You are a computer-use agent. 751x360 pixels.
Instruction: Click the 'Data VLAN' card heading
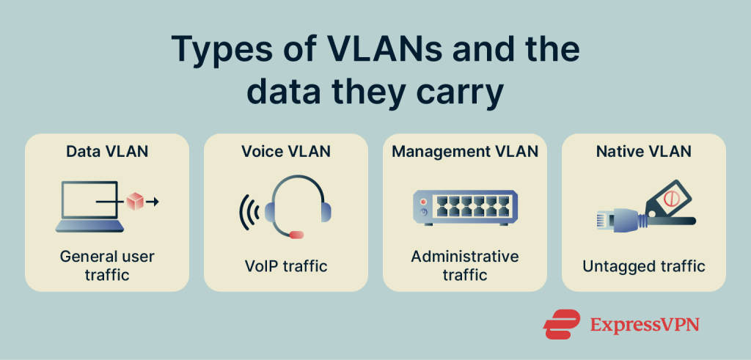pos(107,152)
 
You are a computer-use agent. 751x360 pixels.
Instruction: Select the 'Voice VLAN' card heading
pos(286,152)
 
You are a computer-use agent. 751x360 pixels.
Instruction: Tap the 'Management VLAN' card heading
pos(465,152)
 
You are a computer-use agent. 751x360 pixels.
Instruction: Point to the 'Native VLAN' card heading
pos(643,152)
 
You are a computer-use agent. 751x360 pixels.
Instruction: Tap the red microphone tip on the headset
pos(296,235)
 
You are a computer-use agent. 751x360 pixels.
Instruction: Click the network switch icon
pos(464,207)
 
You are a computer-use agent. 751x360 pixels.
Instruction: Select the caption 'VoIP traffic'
pos(286,265)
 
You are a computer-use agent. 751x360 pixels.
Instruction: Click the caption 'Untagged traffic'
pos(644,265)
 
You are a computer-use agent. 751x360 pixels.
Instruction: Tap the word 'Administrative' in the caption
pos(465,257)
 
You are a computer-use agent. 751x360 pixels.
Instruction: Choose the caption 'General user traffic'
pos(107,265)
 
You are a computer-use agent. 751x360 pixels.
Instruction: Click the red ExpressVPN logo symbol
pos(562,323)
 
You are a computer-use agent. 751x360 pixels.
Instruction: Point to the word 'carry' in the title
pos(461,93)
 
